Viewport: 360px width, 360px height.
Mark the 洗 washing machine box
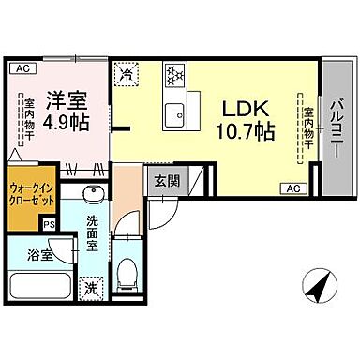90,287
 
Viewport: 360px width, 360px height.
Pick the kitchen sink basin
173,115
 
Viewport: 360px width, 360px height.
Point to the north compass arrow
320,284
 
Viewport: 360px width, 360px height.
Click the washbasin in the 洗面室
94,196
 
